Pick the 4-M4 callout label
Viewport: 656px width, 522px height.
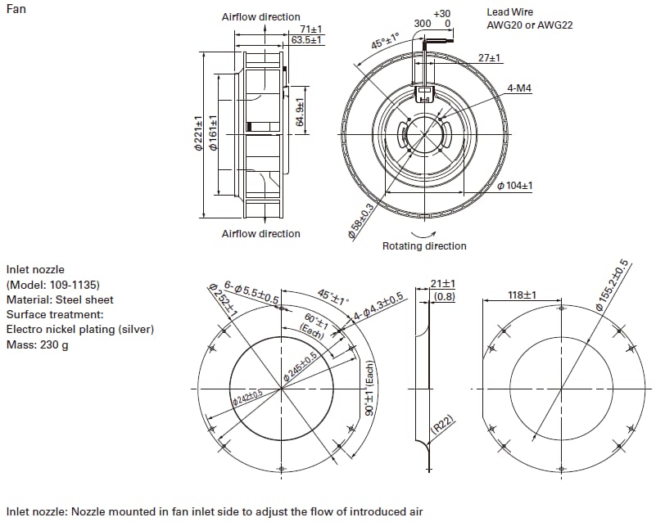click(519, 88)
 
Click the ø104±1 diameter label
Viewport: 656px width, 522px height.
click(514, 186)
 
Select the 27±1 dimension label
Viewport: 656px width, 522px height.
click(490, 59)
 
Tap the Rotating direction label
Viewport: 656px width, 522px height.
click(424, 246)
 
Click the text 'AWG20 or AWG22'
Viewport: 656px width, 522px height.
click(529, 25)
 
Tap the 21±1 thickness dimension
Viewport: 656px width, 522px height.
click(443, 284)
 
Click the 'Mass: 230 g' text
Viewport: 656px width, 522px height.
click(37, 344)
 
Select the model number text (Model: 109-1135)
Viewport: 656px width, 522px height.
click(53, 285)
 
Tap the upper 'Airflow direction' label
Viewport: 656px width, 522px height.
click(260, 17)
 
